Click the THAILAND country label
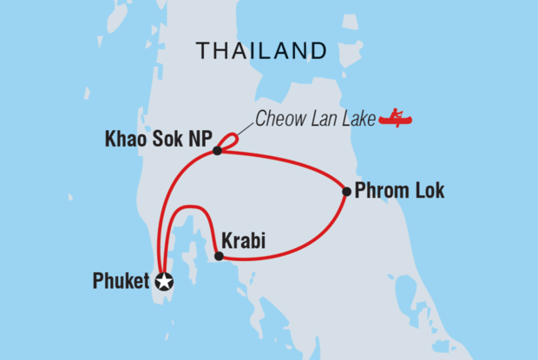click(261, 51)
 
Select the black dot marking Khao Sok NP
click(217, 151)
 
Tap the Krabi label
click(239, 238)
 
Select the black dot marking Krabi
click(219, 256)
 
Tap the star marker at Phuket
click(164, 281)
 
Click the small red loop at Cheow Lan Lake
click(229, 141)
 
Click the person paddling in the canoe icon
click(396, 113)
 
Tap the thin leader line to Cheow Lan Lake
click(244, 130)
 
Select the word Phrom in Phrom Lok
click(383, 192)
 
